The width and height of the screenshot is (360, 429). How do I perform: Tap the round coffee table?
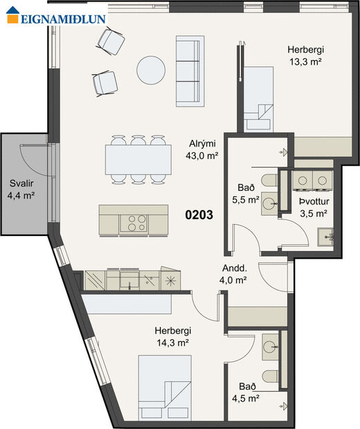click(x=151, y=69)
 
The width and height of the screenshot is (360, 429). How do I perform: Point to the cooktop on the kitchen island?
click(x=134, y=222)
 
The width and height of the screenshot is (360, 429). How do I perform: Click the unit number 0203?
click(x=198, y=215)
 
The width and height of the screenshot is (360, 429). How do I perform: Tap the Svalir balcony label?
click(x=21, y=190)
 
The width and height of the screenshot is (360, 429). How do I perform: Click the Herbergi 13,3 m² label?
click(x=306, y=55)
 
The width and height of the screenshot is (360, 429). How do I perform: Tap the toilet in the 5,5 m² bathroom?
click(x=271, y=181)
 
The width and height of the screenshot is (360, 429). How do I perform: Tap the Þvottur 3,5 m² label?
click(x=313, y=208)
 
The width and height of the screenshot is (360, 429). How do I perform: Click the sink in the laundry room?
click(x=326, y=239)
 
